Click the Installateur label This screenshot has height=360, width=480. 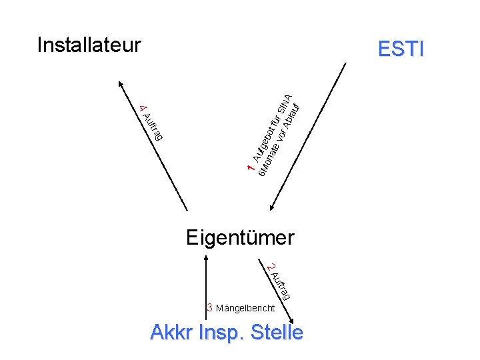pyautogui.click(x=89, y=45)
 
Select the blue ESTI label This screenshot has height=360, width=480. pyautogui.click(x=400, y=49)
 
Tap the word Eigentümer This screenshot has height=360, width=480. pyautogui.click(x=240, y=237)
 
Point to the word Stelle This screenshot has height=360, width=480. pyautogui.click(x=276, y=332)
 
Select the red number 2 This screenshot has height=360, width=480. pyautogui.click(x=269, y=267)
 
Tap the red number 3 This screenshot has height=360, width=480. pyautogui.click(x=209, y=308)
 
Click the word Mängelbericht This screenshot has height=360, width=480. pyautogui.click(x=245, y=309)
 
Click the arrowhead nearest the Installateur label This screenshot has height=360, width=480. pyautogui.click(x=121, y=84)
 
